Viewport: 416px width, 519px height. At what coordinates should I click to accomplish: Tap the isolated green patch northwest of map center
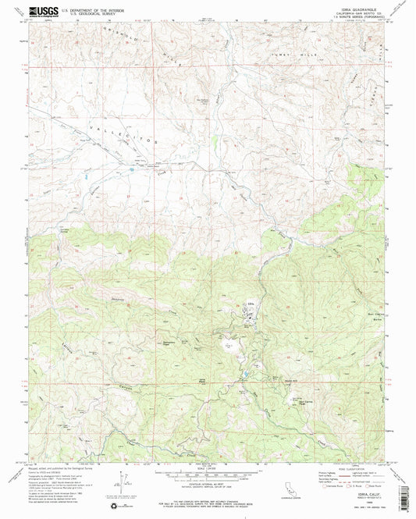click(x=215, y=142)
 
